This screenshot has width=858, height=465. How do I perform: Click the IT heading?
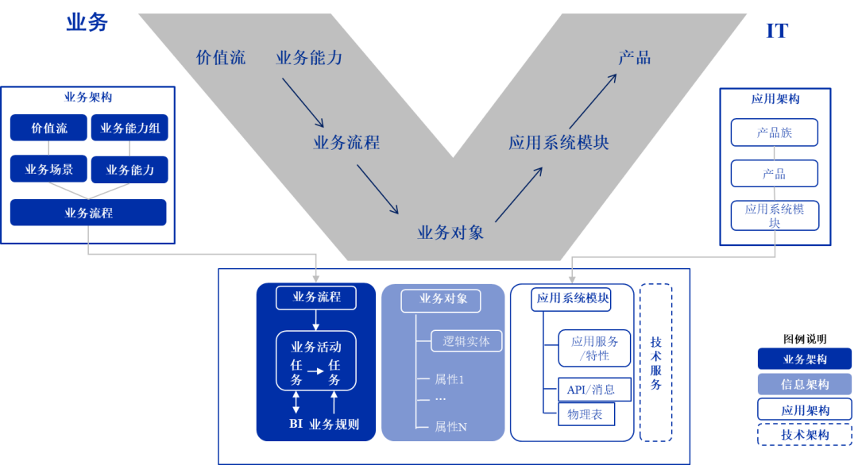tap(776, 31)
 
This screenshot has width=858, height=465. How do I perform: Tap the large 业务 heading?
tap(87, 22)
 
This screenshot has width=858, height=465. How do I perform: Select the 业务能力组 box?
tap(129, 128)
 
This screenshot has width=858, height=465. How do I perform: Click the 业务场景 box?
tap(48, 169)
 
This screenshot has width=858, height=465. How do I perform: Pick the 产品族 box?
tap(774, 133)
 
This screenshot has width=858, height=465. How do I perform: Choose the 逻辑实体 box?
tap(466, 341)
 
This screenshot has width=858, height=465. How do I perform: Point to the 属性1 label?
tap(450, 379)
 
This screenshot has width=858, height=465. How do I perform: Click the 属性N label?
tap(450, 427)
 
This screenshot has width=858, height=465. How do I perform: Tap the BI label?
tap(296, 425)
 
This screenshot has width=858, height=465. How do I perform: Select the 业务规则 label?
tap(334, 425)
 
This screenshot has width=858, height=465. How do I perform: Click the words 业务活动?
tap(316, 347)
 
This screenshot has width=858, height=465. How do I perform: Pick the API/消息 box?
tap(588, 390)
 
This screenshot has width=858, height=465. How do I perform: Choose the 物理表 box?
tap(586, 414)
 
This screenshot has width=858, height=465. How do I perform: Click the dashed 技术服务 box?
tap(655, 362)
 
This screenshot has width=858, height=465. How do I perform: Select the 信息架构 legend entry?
tap(804, 384)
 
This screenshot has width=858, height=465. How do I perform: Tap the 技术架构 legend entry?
tap(804, 435)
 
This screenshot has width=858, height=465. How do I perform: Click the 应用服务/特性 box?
tap(594, 348)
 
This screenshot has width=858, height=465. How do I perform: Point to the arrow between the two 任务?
tap(316, 370)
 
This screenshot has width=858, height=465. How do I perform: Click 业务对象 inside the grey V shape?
tap(450, 232)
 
